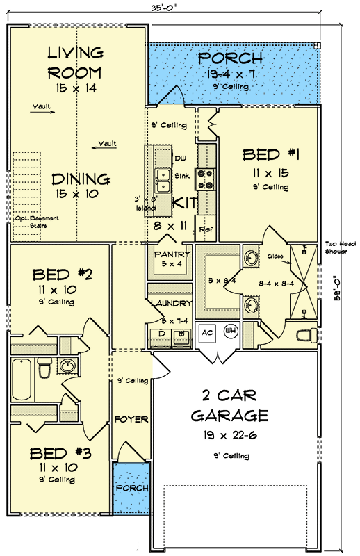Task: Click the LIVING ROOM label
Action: pos(75,63)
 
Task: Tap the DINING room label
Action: pos(82,179)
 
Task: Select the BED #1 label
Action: pos(270,154)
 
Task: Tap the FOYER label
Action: pos(131,420)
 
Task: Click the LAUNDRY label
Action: pos(170,303)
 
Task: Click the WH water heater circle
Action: pos(230,332)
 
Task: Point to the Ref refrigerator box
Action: pos(206,229)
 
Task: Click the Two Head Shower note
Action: pos(339,248)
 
